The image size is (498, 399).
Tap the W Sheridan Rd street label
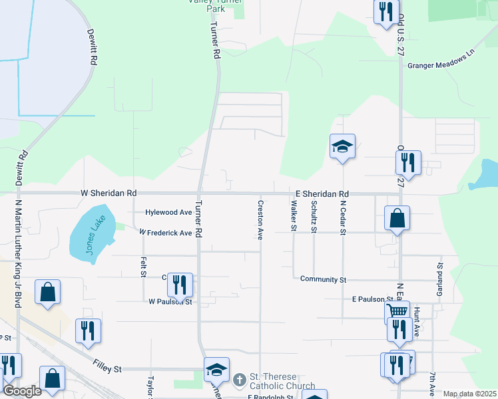pos(109,193)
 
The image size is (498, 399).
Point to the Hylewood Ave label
pos(169,212)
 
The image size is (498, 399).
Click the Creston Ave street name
pos(260,219)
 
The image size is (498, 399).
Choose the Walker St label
pos(293,217)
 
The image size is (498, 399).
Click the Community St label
pos(323,280)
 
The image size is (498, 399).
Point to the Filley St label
pos(107,368)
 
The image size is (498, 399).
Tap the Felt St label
pos(143,268)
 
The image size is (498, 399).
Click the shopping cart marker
pos(397,310)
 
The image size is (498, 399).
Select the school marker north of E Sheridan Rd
pos(342,146)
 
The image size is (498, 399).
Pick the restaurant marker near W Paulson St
pos(179,285)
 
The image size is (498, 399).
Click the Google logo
pos(22,391)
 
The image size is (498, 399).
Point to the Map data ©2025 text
pos(469,394)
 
